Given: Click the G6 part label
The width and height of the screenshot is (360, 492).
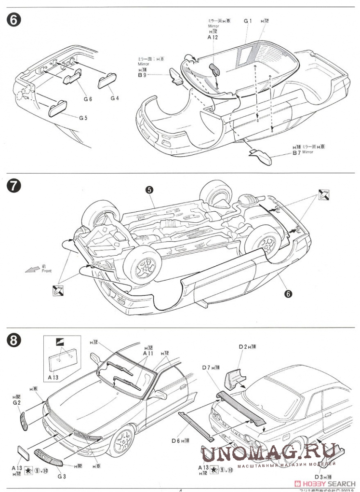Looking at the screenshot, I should click(x=87, y=99).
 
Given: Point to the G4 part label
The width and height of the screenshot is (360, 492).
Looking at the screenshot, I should click(x=114, y=98).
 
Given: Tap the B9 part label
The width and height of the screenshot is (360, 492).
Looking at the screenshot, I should click(x=142, y=75).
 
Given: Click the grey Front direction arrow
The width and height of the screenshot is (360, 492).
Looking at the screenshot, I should click(x=32, y=269).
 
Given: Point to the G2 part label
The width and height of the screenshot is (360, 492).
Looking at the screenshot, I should click(x=16, y=403).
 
